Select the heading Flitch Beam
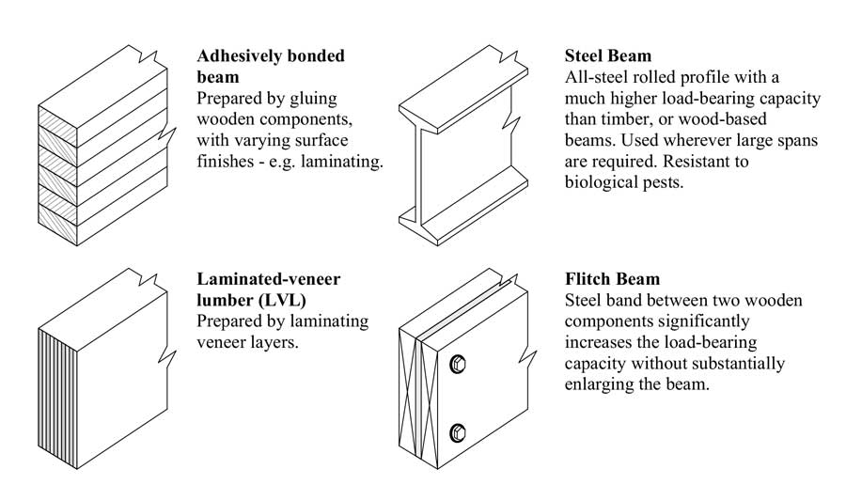point(613,279)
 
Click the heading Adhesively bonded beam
point(271,66)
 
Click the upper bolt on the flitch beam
point(459,363)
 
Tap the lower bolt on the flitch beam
point(459,433)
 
